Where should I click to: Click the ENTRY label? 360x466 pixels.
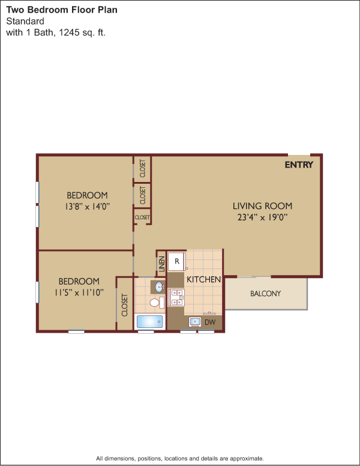tap(299, 165)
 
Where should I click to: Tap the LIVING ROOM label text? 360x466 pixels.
tap(262, 205)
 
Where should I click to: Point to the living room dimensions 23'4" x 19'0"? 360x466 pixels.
tap(263, 217)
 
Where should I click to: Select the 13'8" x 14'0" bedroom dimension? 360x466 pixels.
tap(88, 206)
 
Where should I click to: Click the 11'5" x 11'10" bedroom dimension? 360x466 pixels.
tap(79, 292)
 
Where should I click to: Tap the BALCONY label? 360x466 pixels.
tap(265, 294)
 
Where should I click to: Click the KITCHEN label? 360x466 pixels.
tap(204, 279)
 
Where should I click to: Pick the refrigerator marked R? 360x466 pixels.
tap(177, 261)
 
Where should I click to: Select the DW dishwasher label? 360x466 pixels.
tap(210, 322)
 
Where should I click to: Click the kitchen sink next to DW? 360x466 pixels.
tap(195, 322)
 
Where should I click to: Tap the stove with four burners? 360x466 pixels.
tap(176, 297)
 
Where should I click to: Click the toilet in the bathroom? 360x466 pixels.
tap(157, 303)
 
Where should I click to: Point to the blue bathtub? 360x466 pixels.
tap(150, 321)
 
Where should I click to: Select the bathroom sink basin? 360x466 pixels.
tap(160, 287)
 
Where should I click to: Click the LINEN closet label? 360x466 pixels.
tap(161, 264)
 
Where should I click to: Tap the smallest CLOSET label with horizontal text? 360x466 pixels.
tap(142, 217)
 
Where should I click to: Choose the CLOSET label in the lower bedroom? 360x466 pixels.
tap(124, 305)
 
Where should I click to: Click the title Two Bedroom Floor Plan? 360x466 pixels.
tap(62, 10)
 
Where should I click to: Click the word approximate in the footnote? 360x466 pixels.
tap(247, 458)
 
